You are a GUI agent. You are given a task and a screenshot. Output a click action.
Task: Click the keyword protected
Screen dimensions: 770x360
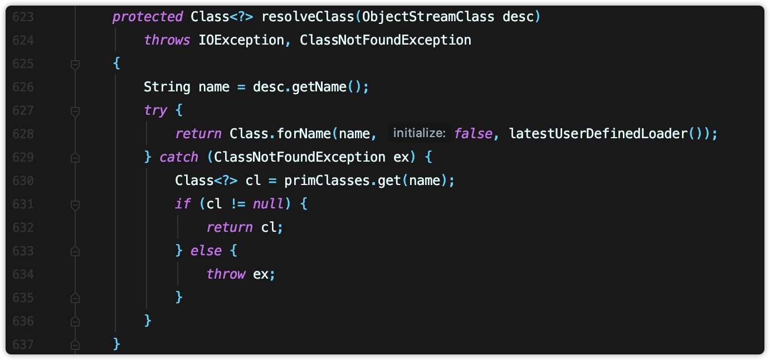tap(148, 17)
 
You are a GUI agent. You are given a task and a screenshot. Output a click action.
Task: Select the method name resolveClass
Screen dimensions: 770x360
tap(308, 17)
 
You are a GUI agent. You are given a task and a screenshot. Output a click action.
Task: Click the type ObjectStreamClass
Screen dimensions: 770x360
tap(428, 17)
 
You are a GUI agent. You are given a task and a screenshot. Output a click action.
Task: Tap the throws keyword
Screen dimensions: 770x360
tap(167, 40)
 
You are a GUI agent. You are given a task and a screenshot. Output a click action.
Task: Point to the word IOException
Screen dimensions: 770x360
tap(241, 40)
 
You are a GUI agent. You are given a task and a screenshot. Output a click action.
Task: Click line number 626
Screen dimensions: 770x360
tap(23, 87)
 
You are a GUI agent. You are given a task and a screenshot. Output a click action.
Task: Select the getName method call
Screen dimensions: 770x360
tap(319, 87)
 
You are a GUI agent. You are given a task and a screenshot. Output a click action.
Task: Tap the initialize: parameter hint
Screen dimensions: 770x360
tap(419, 133)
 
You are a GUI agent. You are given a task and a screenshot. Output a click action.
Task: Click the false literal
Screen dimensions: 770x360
tap(473, 134)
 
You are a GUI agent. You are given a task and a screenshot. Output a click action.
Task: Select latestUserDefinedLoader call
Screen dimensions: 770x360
tap(598, 134)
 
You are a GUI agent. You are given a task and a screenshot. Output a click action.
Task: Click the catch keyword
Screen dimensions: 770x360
tap(179, 157)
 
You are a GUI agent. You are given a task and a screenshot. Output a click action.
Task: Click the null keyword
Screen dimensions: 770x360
tap(268, 204)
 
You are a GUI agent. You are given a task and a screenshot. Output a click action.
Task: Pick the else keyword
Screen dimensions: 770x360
tap(206, 251)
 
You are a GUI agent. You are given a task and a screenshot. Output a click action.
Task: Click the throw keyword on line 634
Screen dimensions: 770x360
tap(226, 274)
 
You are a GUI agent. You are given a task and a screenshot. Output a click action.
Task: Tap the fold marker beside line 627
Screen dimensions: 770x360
tap(75, 111)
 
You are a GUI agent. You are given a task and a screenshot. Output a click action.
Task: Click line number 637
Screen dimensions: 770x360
tap(23, 344)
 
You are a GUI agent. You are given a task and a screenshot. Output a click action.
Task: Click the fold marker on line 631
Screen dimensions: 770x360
tap(75, 205)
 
